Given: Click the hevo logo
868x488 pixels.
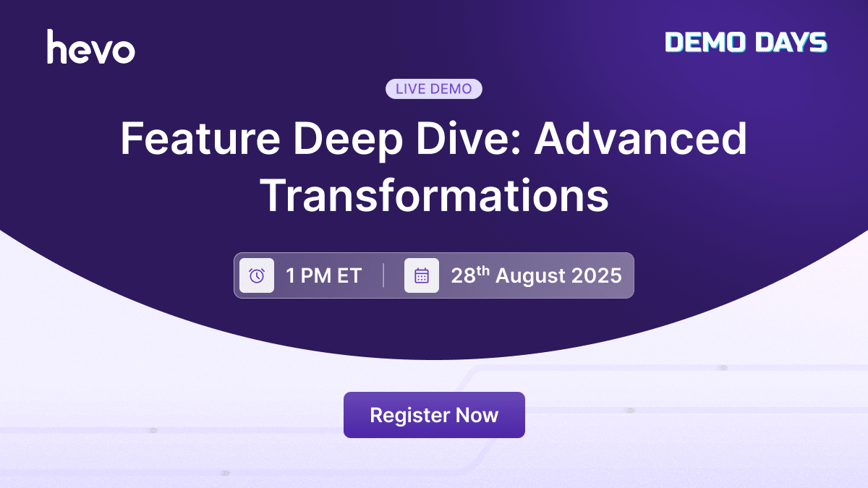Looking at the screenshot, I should point(91,47).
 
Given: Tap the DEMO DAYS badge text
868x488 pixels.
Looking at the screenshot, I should point(746,43).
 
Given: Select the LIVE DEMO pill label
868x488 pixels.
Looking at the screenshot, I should point(434,89).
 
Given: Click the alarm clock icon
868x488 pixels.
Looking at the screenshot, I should point(257,275).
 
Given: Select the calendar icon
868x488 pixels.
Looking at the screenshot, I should point(422,275).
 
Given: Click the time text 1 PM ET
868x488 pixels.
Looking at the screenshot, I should point(323,275).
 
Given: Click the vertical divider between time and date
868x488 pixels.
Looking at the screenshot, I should point(383,275).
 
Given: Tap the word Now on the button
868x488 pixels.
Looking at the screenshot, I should point(477,415).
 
